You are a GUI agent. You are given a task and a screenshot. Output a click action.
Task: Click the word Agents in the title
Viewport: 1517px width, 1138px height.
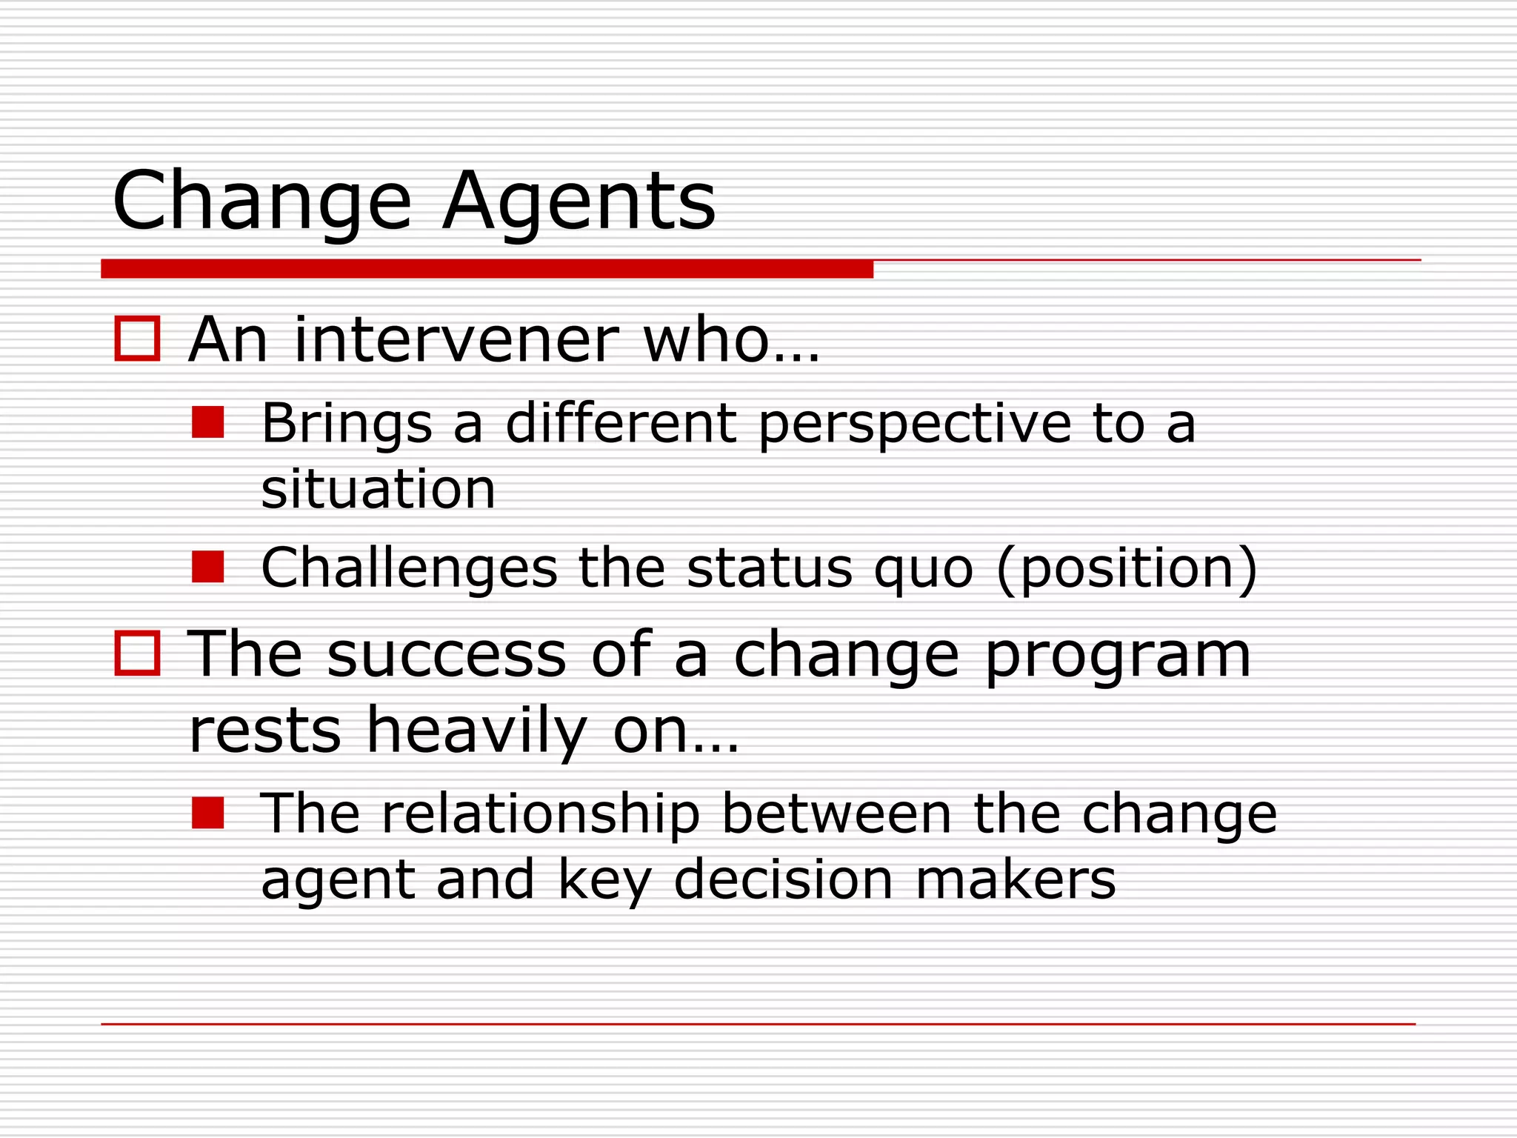click(579, 202)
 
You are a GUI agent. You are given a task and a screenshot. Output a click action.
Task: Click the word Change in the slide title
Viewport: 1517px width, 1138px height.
click(261, 202)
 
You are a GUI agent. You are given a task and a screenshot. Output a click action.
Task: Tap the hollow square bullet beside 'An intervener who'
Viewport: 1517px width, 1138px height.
click(137, 339)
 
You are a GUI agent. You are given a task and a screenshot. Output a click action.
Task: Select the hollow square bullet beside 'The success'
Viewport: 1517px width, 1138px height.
click(137, 653)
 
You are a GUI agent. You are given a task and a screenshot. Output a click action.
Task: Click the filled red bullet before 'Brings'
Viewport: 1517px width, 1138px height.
click(207, 422)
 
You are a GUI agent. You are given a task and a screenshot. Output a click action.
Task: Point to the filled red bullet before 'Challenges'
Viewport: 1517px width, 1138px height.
click(207, 567)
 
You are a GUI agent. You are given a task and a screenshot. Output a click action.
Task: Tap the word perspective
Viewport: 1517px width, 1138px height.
click(915, 424)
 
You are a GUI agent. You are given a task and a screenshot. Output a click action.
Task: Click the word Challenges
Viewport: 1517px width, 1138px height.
click(409, 568)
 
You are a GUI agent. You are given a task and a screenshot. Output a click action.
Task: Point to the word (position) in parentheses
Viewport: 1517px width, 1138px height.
click(1127, 569)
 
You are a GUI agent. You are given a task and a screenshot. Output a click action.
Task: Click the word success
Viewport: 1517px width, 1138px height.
click(447, 655)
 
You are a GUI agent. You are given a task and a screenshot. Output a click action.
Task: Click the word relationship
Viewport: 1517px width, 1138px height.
click(541, 813)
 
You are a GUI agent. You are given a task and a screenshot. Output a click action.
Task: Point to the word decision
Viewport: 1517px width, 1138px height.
click(783, 879)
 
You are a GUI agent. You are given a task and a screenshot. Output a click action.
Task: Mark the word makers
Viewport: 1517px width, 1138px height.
click(1016, 879)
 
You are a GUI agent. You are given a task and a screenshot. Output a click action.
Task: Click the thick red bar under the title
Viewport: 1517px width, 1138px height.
click(487, 269)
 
